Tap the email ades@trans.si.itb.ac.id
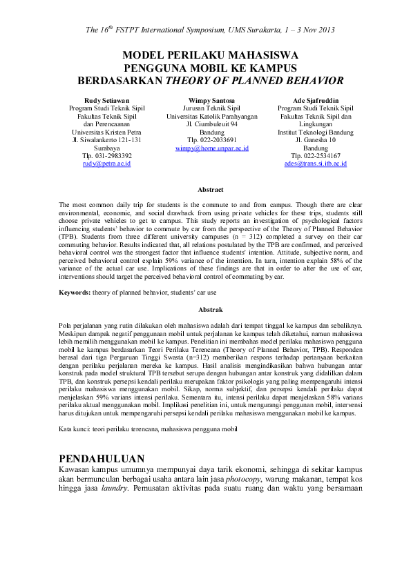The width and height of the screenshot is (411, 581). pos(315,164)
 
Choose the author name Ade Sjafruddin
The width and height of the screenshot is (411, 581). pos(315,100)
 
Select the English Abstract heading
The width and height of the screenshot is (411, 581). pos(210,188)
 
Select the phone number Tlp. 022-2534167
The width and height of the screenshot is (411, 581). pos(315,156)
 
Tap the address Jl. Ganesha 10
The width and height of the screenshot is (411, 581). pos(315,140)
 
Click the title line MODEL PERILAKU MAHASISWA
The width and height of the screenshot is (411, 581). pos(210,55)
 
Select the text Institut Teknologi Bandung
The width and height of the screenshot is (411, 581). pos(315,132)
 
